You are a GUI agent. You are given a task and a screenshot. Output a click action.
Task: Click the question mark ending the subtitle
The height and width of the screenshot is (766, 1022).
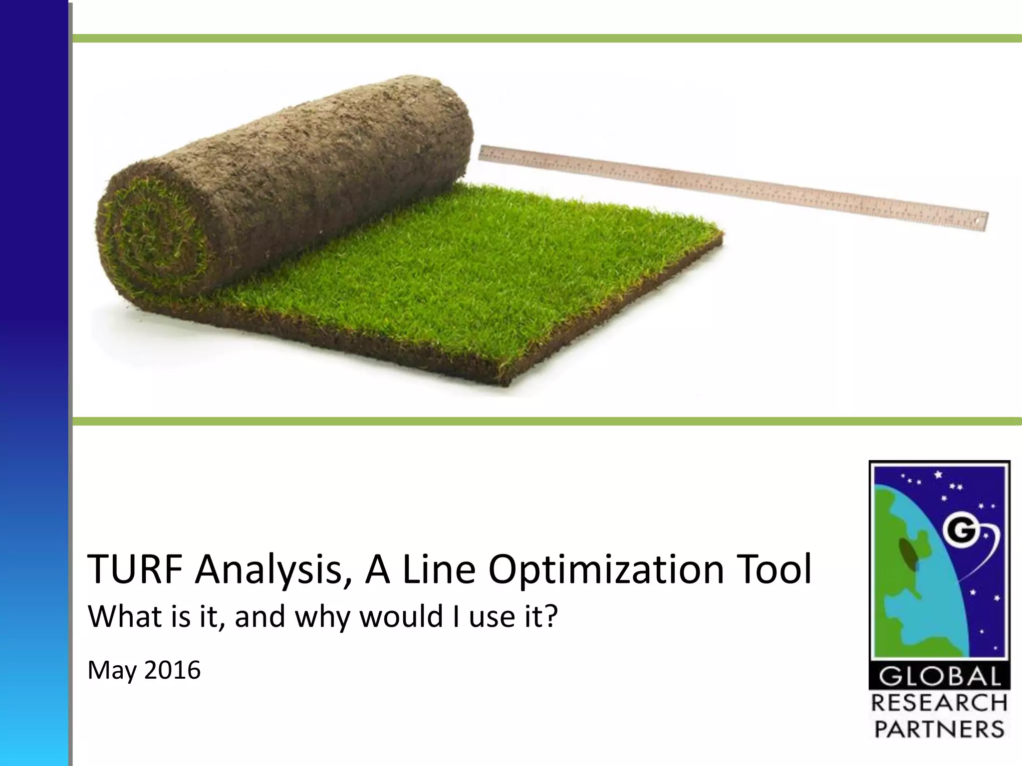pos(549,616)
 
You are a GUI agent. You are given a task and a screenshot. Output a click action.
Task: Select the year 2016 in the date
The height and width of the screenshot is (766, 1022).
pos(173,670)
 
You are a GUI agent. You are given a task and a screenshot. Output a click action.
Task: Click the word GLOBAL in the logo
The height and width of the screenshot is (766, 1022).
pos(940,677)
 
